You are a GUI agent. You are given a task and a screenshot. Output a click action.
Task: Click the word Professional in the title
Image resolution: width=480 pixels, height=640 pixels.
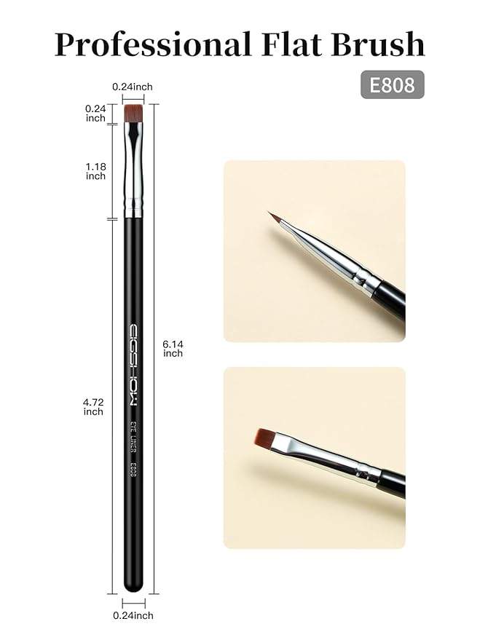(x=151, y=45)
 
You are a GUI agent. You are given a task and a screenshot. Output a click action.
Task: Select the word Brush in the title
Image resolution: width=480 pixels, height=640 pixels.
(x=379, y=45)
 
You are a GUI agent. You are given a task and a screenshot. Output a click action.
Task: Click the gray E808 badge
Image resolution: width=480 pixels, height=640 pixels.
(x=392, y=85)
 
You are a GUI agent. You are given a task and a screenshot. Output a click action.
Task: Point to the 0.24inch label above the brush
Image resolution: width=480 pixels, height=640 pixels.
(x=133, y=87)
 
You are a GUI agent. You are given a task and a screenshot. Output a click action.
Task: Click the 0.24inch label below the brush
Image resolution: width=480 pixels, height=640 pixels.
(x=133, y=615)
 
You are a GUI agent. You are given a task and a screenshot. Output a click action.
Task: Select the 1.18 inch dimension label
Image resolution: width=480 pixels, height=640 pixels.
(x=95, y=171)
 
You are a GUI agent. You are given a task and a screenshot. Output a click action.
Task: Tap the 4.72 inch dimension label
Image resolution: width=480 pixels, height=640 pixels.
(x=93, y=406)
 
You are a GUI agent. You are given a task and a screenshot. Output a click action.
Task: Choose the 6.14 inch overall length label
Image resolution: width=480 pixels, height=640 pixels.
(x=173, y=348)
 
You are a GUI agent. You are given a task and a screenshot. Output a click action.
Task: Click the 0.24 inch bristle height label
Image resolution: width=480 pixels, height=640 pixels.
(x=95, y=113)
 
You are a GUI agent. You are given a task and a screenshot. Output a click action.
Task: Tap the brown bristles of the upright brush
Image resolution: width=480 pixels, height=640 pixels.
(x=133, y=113)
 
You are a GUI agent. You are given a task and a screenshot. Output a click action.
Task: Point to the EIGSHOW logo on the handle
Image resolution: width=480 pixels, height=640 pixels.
(x=134, y=364)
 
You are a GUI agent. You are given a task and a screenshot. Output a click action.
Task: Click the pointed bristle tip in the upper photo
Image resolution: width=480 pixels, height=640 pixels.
(x=273, y=217)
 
